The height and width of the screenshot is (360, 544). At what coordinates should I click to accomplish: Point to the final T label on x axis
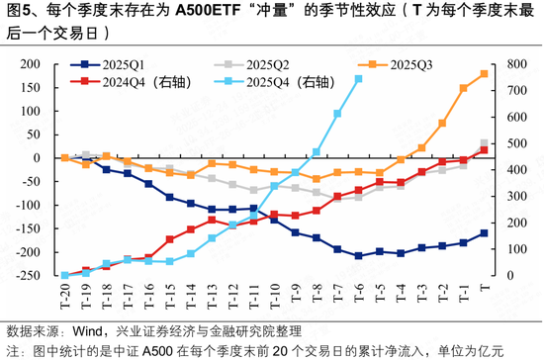(x=484, y=288)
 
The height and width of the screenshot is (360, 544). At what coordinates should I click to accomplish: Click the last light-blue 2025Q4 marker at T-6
(x=358, y=79)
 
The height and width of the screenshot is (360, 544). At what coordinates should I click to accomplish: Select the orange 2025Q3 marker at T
(x=484, y=73)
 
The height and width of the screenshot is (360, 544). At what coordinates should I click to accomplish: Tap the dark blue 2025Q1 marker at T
(x=484, y=233)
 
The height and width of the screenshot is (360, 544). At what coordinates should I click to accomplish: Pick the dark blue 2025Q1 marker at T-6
(x=358, y=256)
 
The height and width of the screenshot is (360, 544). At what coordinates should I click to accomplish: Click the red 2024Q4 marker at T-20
(x=64, y=276)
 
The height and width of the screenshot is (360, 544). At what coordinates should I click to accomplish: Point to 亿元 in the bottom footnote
(x=491, y=350)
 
